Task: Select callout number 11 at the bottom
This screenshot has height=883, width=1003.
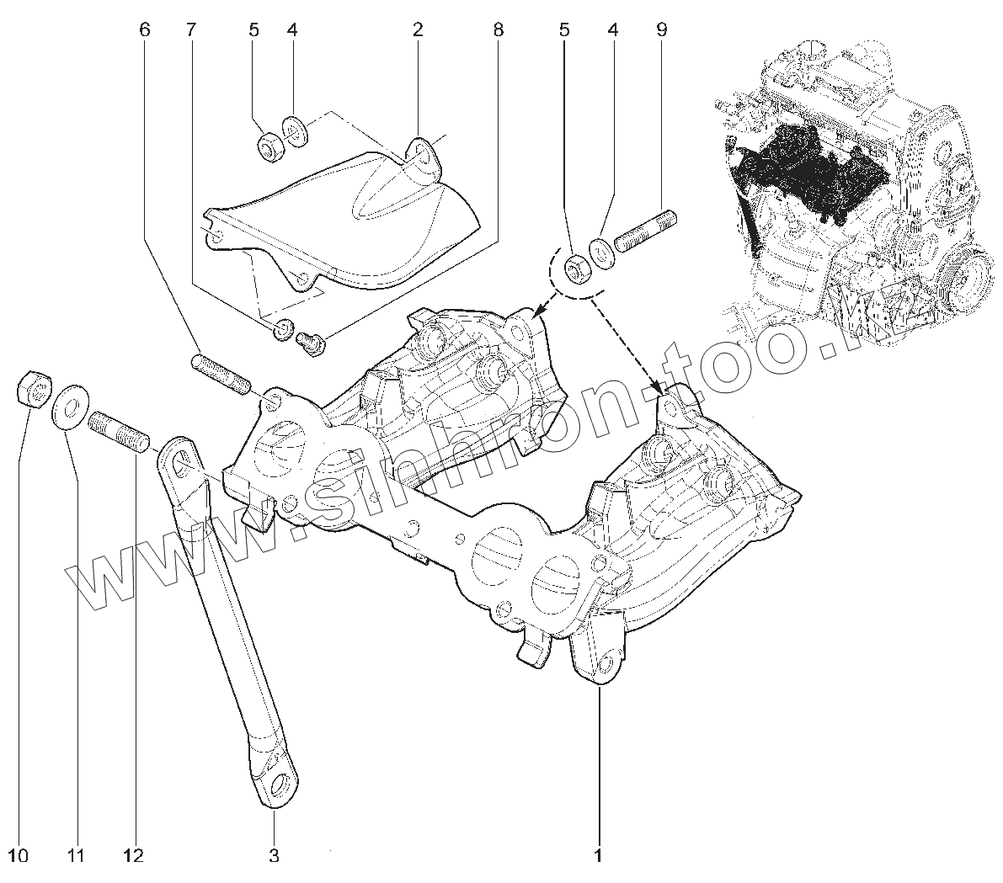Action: (77, 856)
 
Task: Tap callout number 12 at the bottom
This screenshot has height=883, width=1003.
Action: (132, 856)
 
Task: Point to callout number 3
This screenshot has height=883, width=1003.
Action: (274, 856)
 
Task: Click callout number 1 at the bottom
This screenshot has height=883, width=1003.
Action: (599, 856)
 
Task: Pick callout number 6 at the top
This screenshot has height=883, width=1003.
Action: (144, 30)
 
